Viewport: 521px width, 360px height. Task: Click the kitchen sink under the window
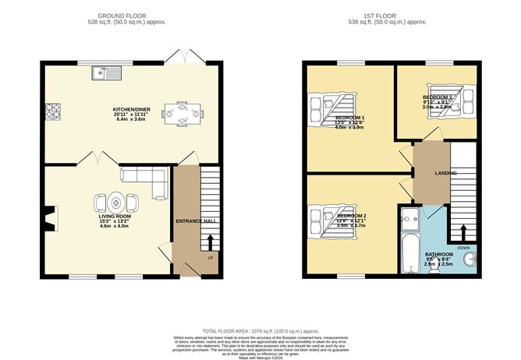pyautogui.click(x=107, y=74)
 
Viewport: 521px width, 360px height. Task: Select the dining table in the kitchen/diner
pyautogui.click(x=182, y=114)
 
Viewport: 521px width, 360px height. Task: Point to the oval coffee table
pyautogui.click(x=115, y=202)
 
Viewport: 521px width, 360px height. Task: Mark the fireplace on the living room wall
pyautogui.click(x=51, y=218)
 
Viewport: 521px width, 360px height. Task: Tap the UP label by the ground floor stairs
pyautogui.click(x=210, y=257)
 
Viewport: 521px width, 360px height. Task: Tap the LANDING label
pyautogui.click(x=445, y=172)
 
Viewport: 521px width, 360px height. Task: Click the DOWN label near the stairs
pyautogui.click(x=463, y=248)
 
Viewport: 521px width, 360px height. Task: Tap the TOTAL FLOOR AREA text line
pyautogui.click(x=260, y=330)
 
